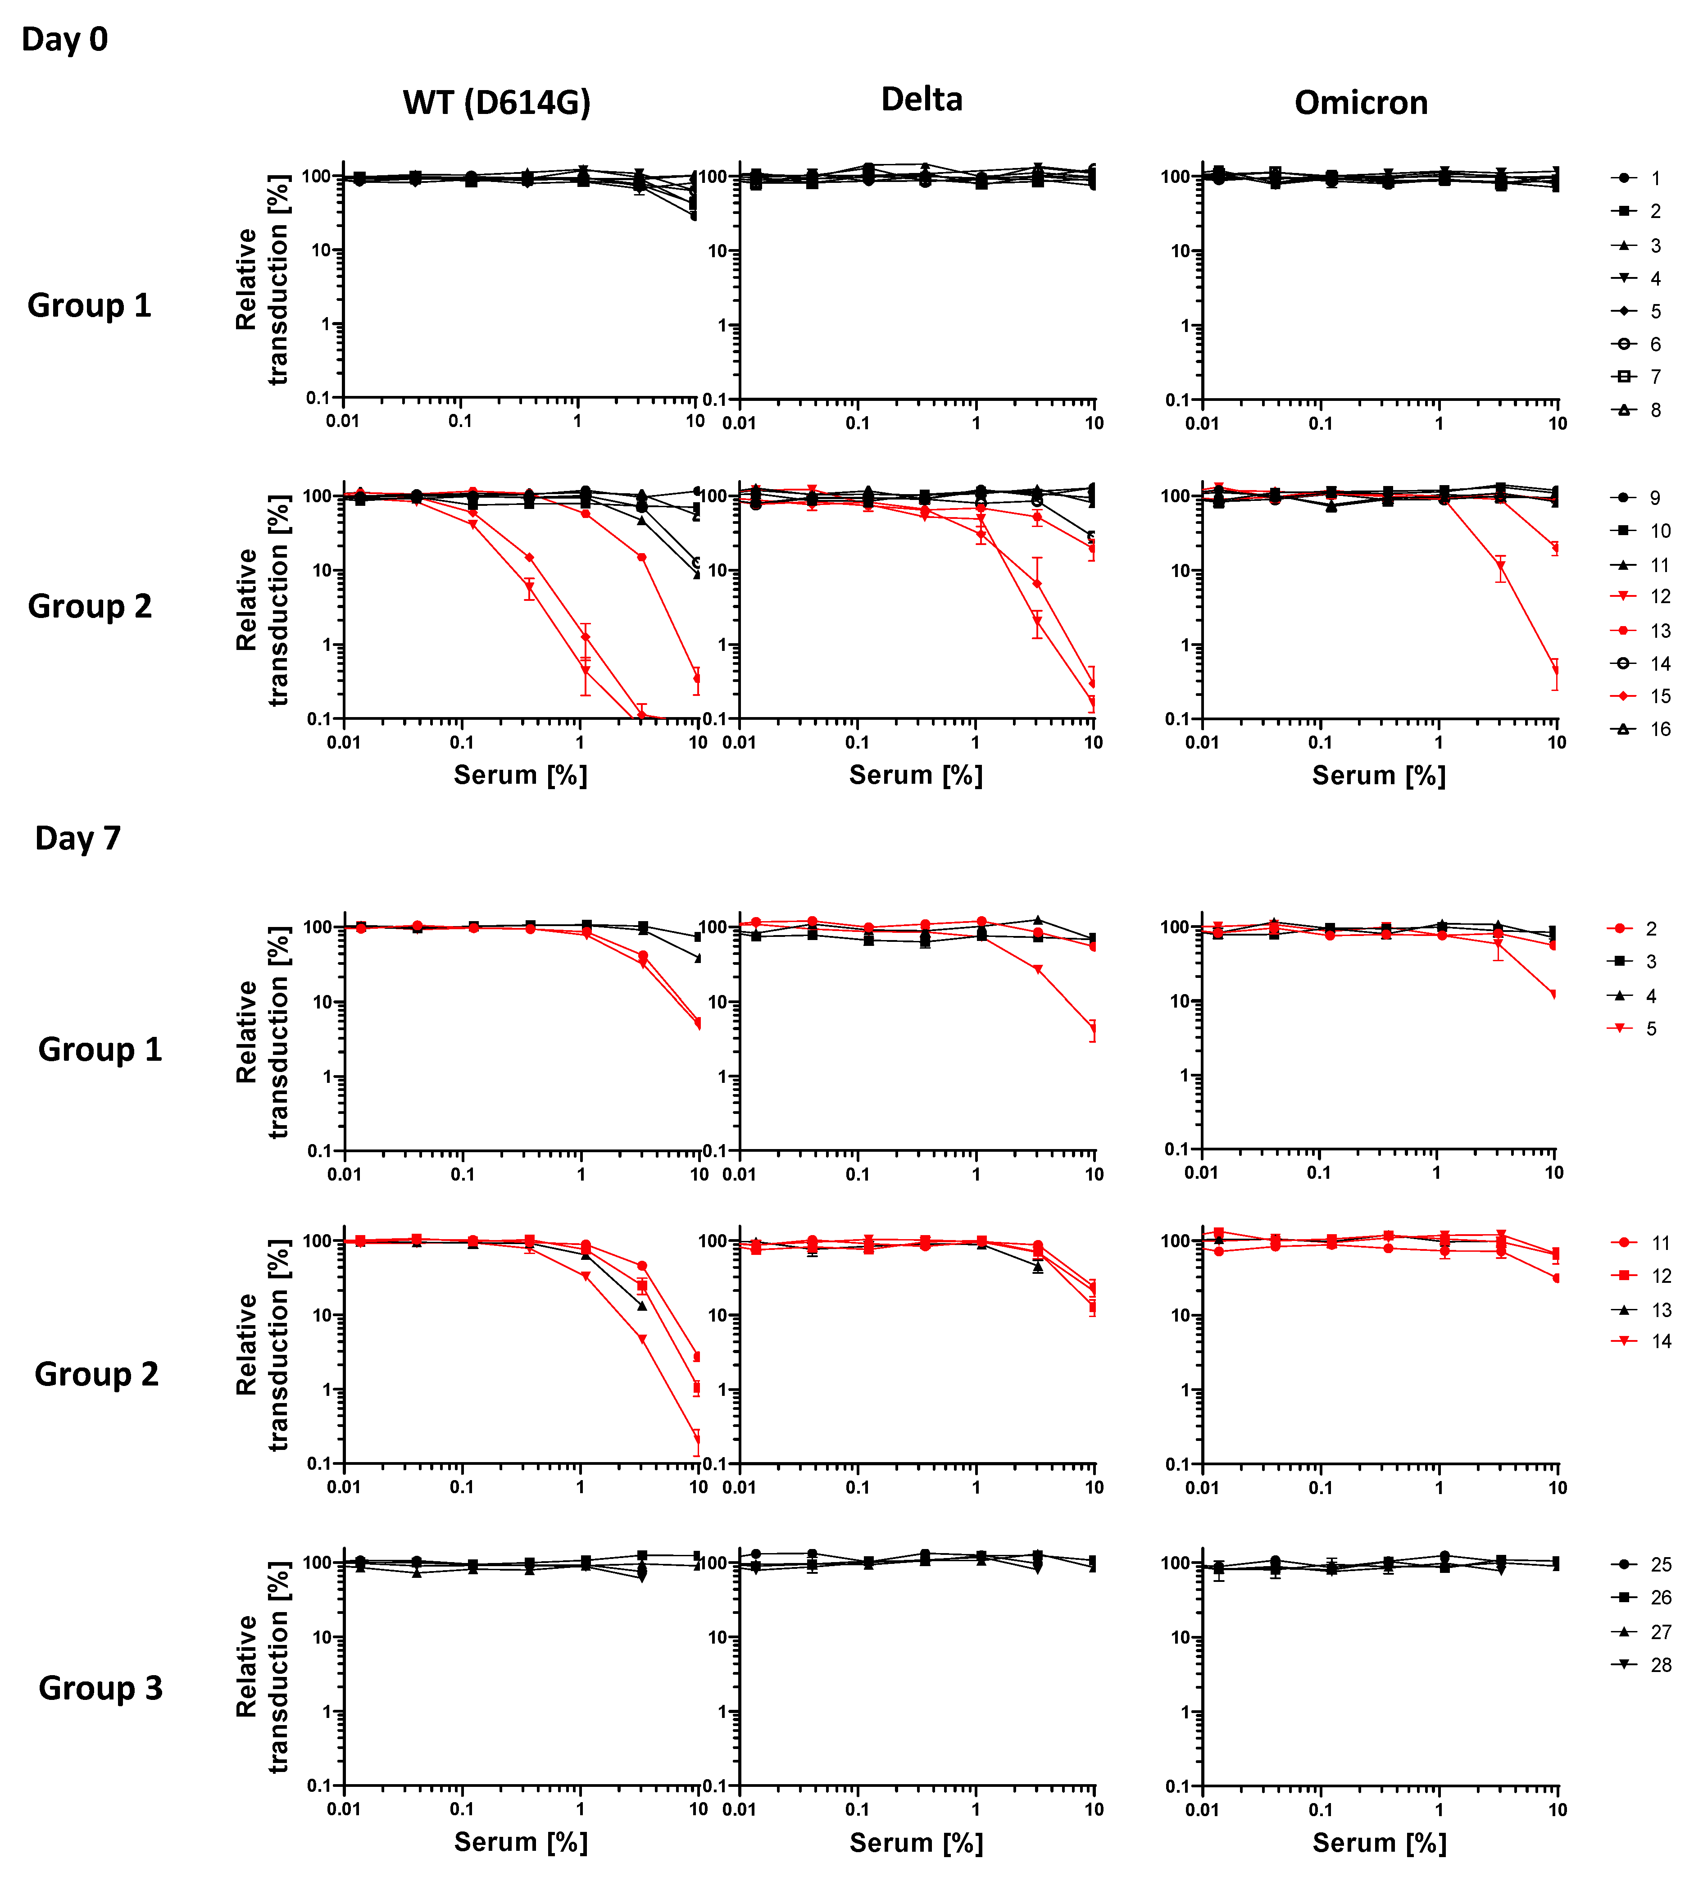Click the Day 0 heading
(x=64, y=39)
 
